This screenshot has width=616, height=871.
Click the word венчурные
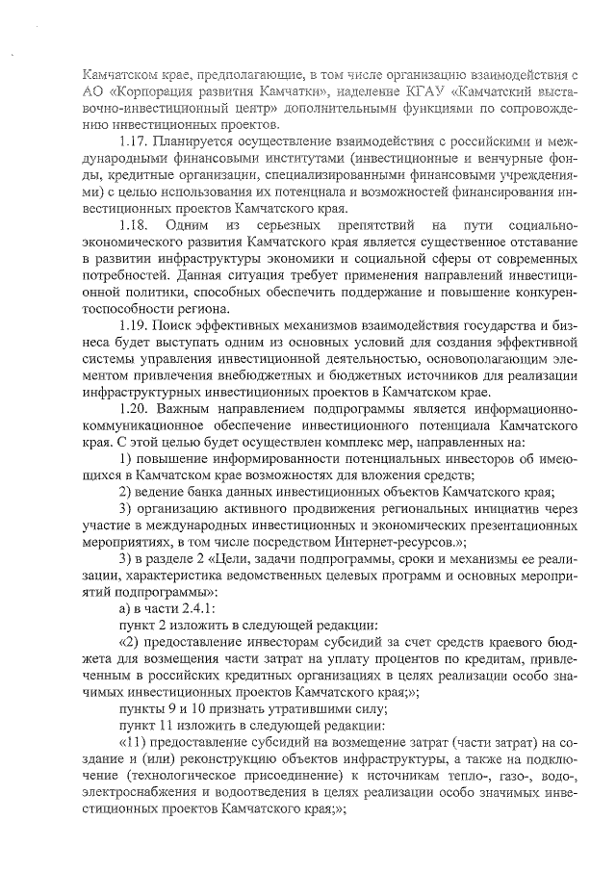coord(500,158)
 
